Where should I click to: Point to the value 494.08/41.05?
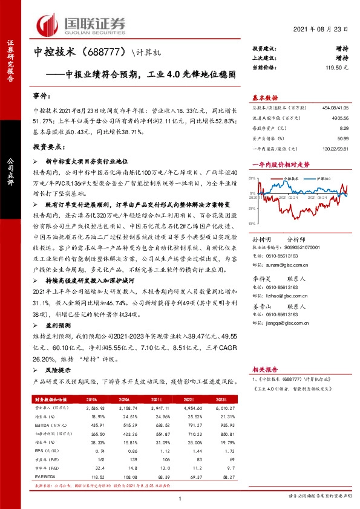click(x=333, y=107)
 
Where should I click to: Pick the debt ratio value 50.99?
click(x=342, y=139)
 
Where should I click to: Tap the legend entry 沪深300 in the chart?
click(x=321, y=180)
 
